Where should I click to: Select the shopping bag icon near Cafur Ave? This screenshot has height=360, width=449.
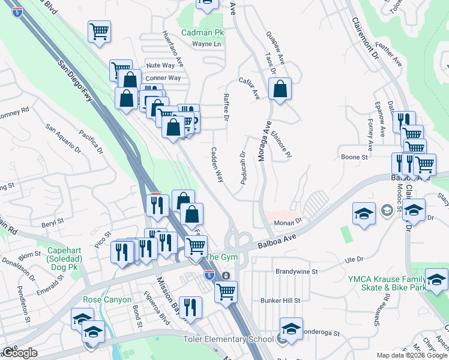click(280, 90)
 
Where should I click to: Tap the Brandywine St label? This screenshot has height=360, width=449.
click(297, 271)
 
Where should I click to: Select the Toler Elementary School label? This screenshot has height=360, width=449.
click(228, 340)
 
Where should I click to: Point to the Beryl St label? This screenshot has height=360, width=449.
click(52, 221)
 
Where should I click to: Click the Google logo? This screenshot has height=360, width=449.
click(19, 353)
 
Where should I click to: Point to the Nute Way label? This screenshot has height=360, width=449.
click(160, 65)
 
